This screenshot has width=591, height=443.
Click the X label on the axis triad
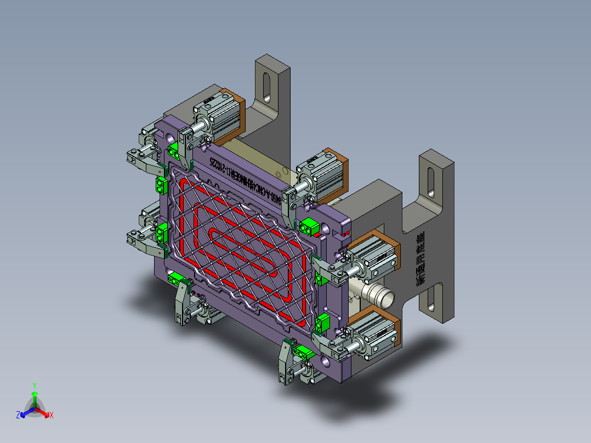51,416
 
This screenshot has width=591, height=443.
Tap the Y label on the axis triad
34,385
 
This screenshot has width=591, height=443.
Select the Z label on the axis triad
18,416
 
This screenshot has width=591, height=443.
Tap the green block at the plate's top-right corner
309,225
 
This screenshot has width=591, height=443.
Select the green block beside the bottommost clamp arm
302,351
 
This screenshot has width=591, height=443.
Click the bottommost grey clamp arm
285,362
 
